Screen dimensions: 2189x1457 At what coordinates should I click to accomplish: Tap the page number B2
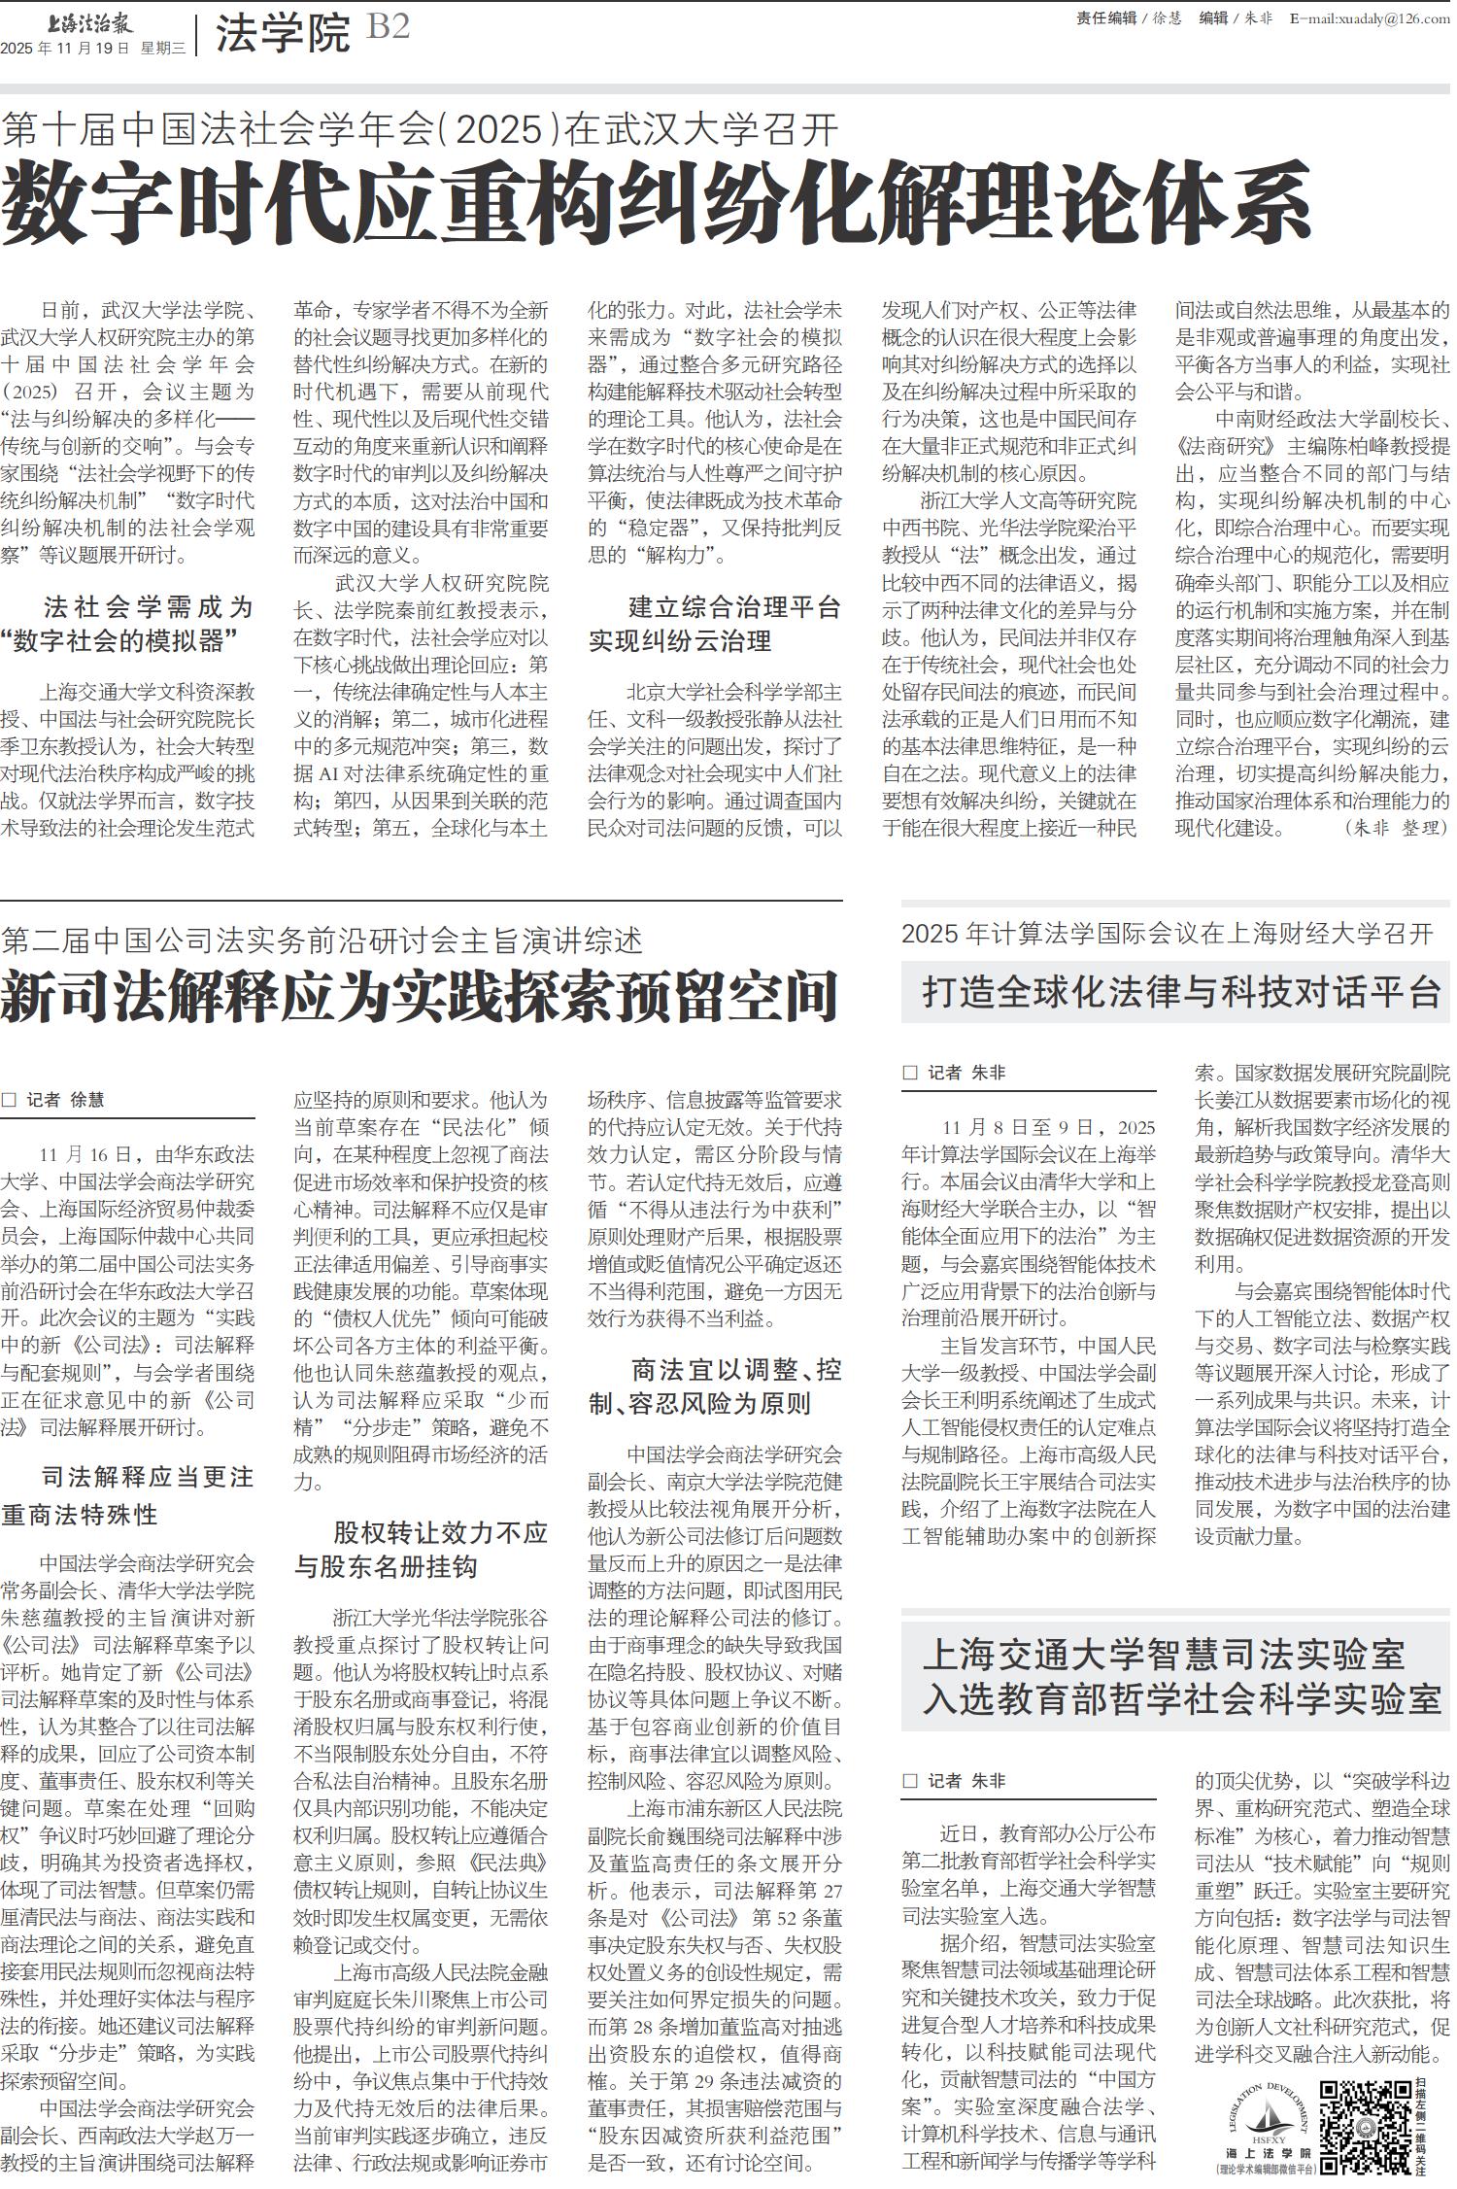(388, 27)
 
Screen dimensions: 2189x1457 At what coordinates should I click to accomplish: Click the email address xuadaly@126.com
(1369, 18)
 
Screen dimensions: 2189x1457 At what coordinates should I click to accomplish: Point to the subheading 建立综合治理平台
(734, 608)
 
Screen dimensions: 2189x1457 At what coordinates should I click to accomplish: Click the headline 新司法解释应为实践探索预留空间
(420, 997)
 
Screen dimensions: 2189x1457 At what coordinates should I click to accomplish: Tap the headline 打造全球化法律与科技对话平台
(1181, 992)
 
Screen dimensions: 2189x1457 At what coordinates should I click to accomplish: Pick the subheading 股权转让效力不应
(441, 1533)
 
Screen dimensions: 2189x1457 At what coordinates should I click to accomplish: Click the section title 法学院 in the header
(282, 34)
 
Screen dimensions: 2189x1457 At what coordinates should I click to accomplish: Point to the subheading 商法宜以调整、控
(735, 1370)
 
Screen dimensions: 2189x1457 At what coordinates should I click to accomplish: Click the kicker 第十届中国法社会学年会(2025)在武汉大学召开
(420, 128)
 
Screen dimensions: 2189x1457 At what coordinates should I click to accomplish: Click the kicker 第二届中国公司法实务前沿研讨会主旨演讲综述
(322, 941)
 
